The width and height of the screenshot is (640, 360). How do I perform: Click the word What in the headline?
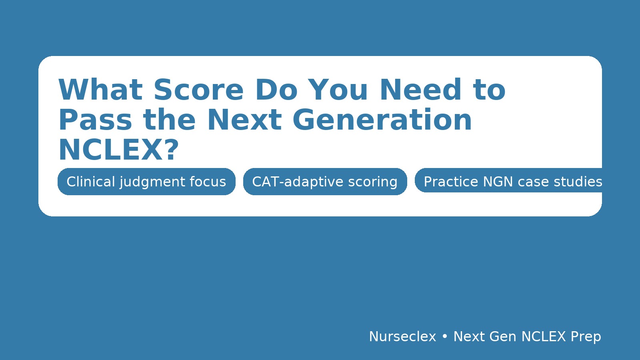tap(100, 90)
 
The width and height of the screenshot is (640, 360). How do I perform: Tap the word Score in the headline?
tap(198, 90)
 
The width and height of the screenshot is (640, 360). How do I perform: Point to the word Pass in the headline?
tap(95, 120)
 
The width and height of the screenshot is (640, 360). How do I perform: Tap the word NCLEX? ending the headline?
tap(118, 150)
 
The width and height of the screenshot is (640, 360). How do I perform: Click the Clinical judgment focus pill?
tap(146, 182)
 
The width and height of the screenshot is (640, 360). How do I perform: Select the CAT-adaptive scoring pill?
tap(325, 182)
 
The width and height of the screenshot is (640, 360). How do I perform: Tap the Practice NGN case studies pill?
tap(508, 181)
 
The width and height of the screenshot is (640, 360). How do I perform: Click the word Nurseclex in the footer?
tap(402, 337)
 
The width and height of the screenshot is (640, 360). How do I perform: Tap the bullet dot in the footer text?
tap(445, 337)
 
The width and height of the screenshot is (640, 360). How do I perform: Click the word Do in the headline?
tap(276, 90)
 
